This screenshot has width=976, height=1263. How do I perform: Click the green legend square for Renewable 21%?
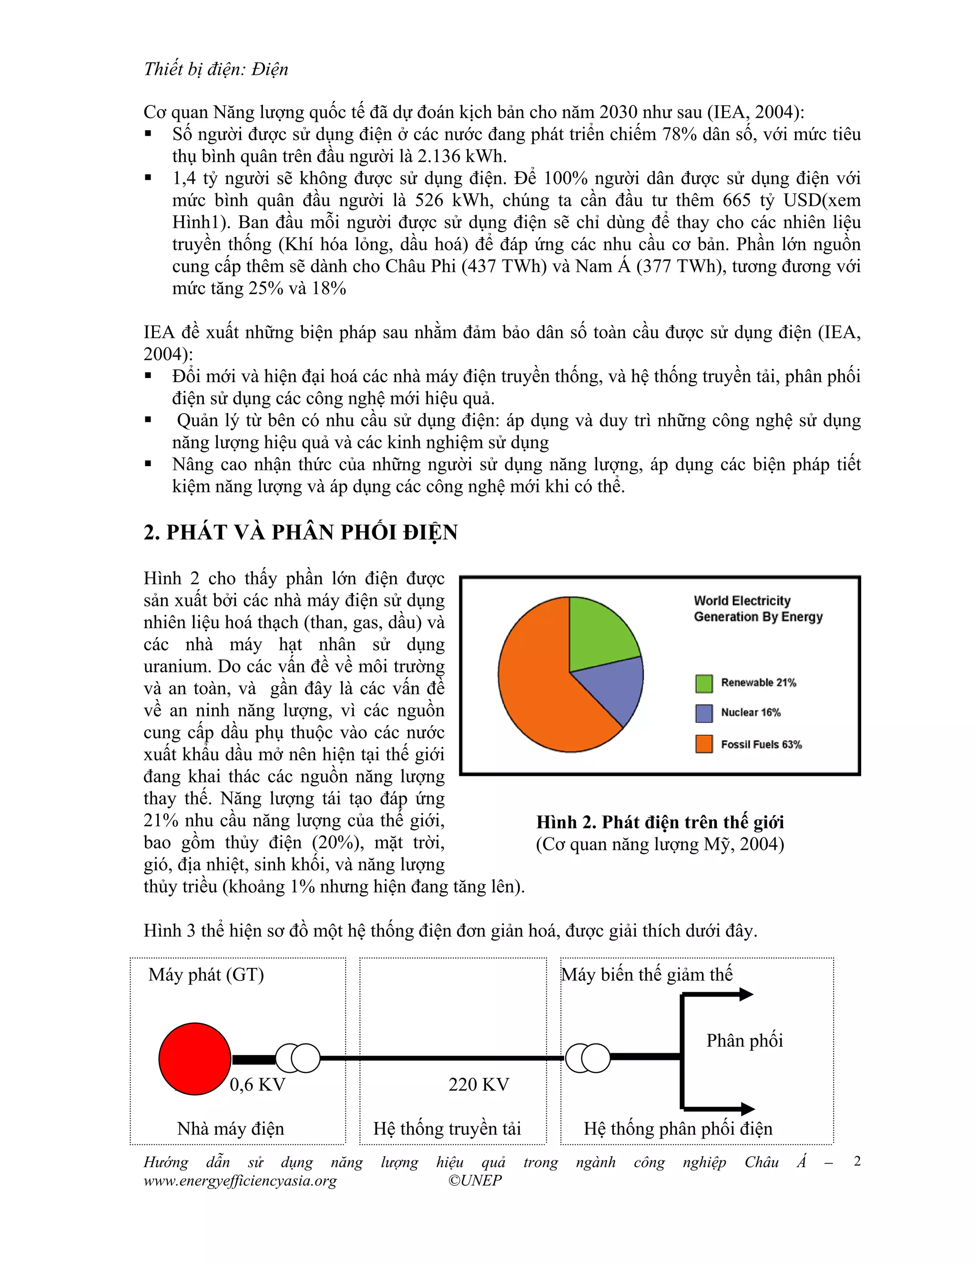[x=704, y=683]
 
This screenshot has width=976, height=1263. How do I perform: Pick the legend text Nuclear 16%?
[x=750, y=713]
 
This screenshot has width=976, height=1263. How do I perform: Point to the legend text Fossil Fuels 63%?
[x=761, y=744]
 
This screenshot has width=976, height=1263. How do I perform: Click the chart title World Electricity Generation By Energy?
[x=757, y=608]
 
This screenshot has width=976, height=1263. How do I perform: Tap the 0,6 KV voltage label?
[x=257, y=1084]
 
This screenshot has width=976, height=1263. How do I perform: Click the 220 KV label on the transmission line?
[x=479, y=1084]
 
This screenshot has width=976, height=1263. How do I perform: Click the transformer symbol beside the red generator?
[x=298, y=1058]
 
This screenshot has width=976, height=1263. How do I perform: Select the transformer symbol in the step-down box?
[x=588, y=1058]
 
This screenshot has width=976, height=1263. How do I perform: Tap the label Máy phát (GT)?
[x=206, y=975]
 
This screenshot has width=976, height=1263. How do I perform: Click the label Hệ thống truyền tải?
[x=447, y=1128]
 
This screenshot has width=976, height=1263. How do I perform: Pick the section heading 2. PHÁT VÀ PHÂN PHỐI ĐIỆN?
[x=301, y=532]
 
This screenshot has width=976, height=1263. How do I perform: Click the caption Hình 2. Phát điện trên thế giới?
[x=660, y=822]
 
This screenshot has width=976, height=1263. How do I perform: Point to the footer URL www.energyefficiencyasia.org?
[x=240, y=1180]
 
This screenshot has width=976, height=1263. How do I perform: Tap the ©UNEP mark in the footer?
[x=475, y=1180]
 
